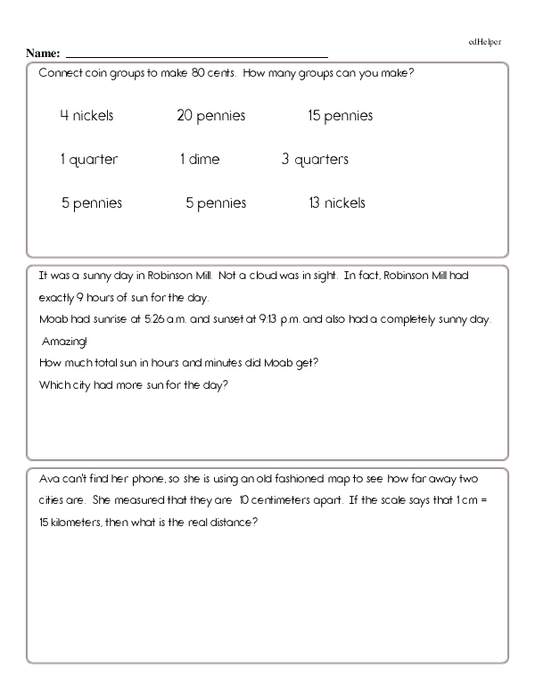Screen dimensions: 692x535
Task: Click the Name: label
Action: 43,54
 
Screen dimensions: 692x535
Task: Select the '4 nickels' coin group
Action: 86,116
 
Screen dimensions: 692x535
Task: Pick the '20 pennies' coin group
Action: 211,116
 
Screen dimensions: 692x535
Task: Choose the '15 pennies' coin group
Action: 340,116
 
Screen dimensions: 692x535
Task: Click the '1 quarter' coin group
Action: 88,160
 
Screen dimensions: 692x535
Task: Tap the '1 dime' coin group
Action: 199,160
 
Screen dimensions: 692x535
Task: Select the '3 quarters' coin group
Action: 315,160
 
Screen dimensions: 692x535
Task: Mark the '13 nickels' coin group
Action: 336,203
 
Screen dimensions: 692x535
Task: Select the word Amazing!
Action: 61,342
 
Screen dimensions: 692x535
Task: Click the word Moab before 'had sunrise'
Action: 53,319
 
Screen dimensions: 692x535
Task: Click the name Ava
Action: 49,479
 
